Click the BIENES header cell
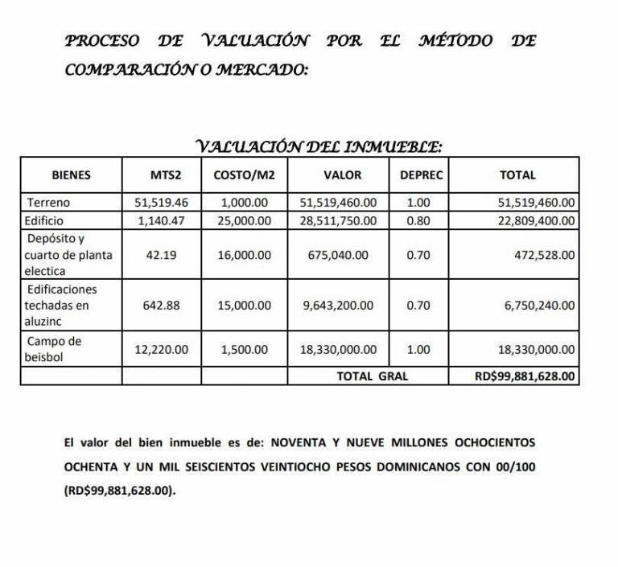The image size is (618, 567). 71,175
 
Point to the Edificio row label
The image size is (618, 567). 45,220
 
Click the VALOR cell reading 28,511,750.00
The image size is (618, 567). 343,220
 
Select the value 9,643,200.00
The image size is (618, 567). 343,306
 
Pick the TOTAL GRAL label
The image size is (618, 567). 373,376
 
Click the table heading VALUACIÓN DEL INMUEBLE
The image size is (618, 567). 320,146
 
